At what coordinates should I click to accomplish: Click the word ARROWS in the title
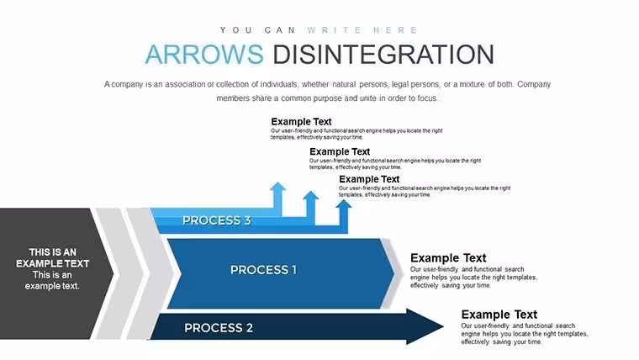click(204, 54)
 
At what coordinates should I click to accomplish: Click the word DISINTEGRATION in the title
click(383, 54)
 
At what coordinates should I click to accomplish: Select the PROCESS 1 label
click(263, 270)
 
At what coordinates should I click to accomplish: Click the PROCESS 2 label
click(219, 328)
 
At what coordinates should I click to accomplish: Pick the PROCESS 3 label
click(216, 220)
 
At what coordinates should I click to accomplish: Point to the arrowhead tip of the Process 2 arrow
click(443, 326)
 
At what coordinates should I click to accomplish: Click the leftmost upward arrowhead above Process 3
click(277, 187)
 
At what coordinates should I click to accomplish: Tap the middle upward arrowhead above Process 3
click(310, 196)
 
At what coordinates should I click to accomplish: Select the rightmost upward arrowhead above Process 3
click(344, 204)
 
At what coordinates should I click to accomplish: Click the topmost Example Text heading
click(301, 121)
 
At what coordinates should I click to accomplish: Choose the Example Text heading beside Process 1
click(448, 258)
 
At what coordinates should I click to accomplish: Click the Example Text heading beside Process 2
click(499, 315)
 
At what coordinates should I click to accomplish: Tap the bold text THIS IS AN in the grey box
click(53, 252)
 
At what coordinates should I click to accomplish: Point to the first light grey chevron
click(115, 273)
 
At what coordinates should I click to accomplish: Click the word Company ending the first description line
click(534, 84)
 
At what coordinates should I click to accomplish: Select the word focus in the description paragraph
click(427, 98)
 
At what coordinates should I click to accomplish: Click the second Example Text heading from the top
click(340, 151)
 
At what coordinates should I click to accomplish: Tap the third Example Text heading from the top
click(369, 179)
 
